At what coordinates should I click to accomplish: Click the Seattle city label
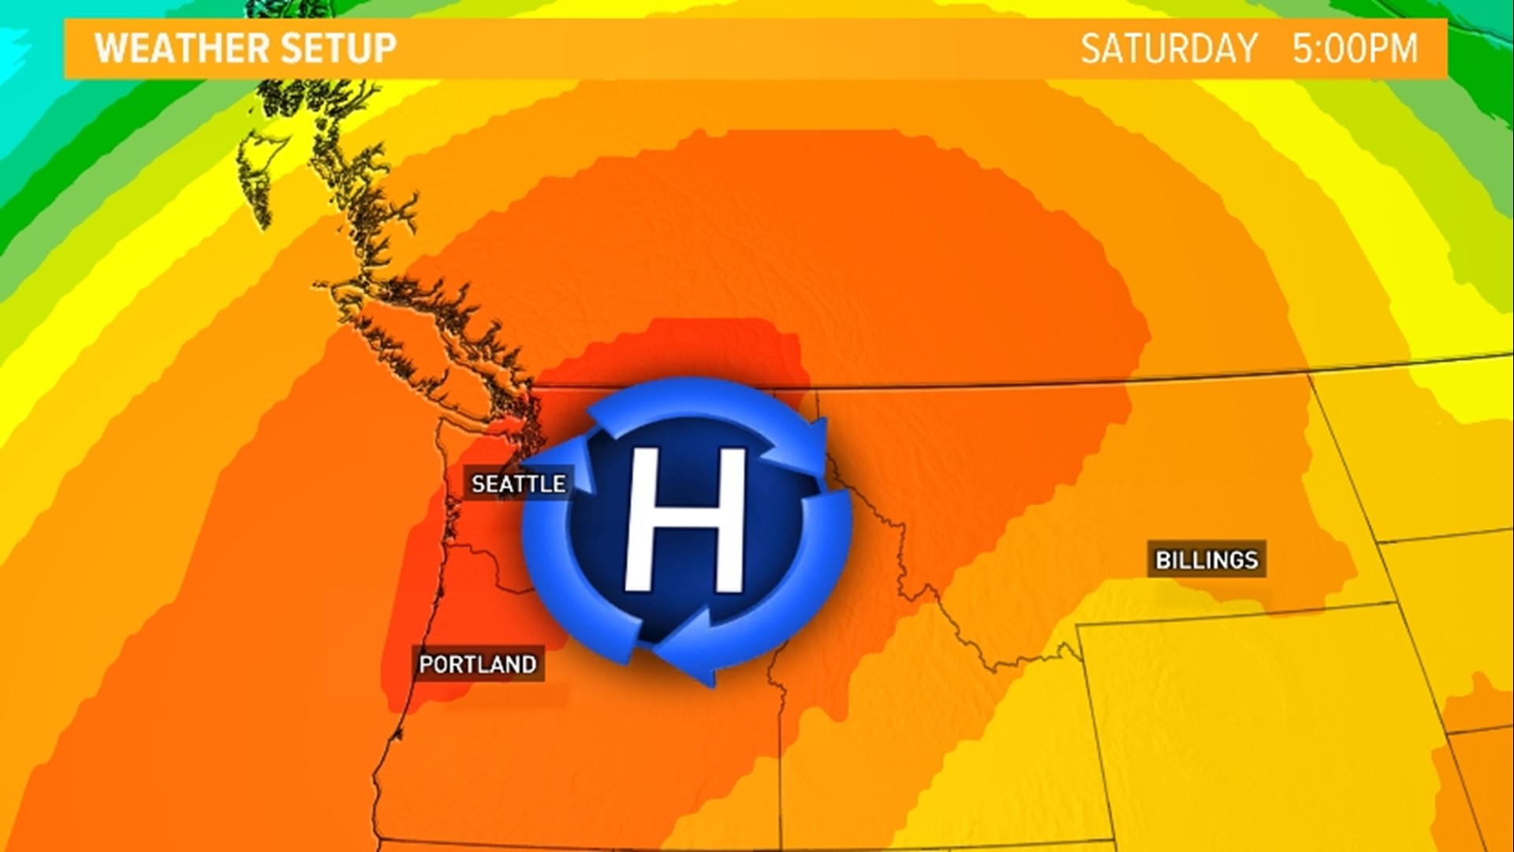pos(518,484)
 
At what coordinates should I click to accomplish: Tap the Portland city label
pos(477,664)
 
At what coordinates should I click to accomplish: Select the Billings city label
pos(1206,560)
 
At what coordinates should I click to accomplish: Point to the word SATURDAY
pos(1169,49)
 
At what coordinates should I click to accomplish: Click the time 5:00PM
pos(1355,49)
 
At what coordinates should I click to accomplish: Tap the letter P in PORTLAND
pos(426,664)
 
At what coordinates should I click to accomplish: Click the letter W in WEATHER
pos(110,48)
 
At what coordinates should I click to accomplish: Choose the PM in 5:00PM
pos(1393,49)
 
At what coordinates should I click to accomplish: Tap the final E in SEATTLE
pos(559,484)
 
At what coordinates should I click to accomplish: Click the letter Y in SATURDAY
pos(1246,49)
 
